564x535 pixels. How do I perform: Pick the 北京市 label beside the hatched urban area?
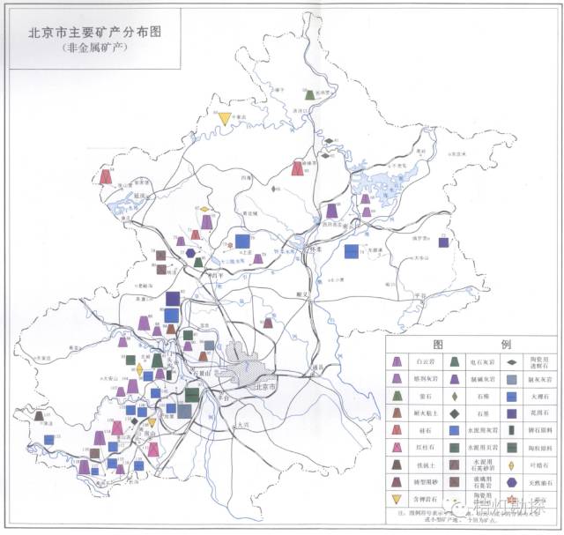coord(265,387)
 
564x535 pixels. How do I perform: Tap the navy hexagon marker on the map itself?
coord(191,254)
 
